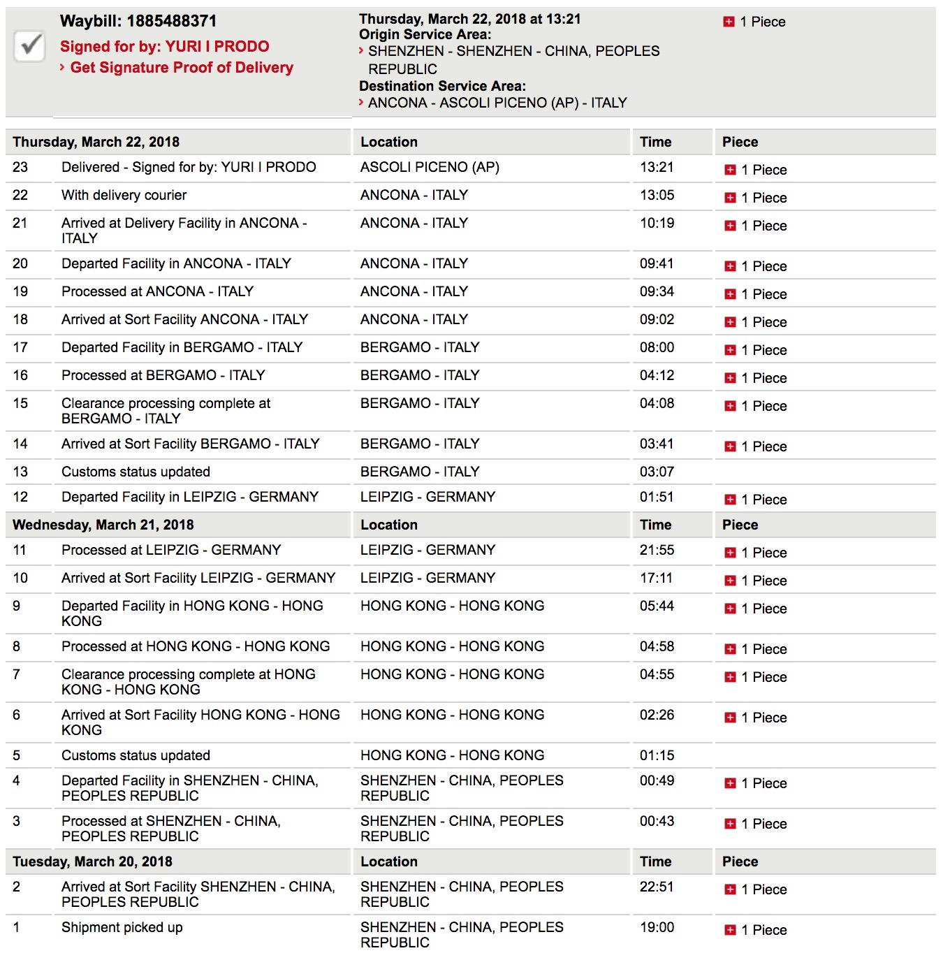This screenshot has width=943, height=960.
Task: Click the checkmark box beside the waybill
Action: (x=29, y=47)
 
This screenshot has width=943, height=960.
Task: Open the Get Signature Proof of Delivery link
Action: (x=182, y=68)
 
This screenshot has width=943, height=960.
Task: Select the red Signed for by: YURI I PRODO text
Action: (x=164, y=47)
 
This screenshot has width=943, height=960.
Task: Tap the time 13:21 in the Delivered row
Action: (x=657, y=167)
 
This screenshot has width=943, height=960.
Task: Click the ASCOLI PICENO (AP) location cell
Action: (x=430, y=167)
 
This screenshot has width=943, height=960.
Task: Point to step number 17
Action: (x=20, y=347)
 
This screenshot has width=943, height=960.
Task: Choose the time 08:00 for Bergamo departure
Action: (x=657, y=347)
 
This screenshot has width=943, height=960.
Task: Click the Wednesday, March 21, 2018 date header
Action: (x=103, y=525)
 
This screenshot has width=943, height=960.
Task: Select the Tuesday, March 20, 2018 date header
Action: (x=92, y=861)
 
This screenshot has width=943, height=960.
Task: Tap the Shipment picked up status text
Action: (x=122, y=927)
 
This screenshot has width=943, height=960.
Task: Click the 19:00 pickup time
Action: (x=657, y=927)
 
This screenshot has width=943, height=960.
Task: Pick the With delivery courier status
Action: (x=124, y=195)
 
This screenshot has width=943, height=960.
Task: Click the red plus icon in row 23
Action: (x=730, y=170)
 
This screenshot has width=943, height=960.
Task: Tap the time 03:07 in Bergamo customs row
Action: (x=657, y=472)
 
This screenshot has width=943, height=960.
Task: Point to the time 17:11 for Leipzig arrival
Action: (x=656, y=578)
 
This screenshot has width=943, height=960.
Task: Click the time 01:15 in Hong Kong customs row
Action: (x=657, y=755)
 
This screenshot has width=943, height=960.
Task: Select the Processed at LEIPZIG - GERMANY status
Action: (x=171, y=550)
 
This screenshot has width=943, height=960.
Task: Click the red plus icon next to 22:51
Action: (x=730, y=889)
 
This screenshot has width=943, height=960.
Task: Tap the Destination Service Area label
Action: (x=442, y=86)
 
